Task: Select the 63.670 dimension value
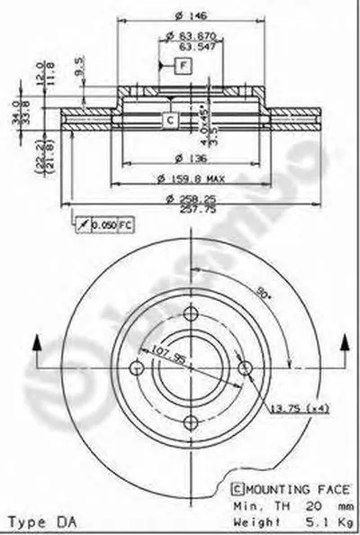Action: pyautogui.click(x=193, y=35)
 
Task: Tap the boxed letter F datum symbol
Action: pyautogui.click(x=181, y=65)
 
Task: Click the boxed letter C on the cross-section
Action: pyautogui.click(x=170, y=118)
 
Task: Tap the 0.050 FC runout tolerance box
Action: pyautogui.click(x=94, y=222)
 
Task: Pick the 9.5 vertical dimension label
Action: pyautogui.click(x=81, y=68)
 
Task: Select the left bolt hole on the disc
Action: pyautogui.click(x=137, y=368)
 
